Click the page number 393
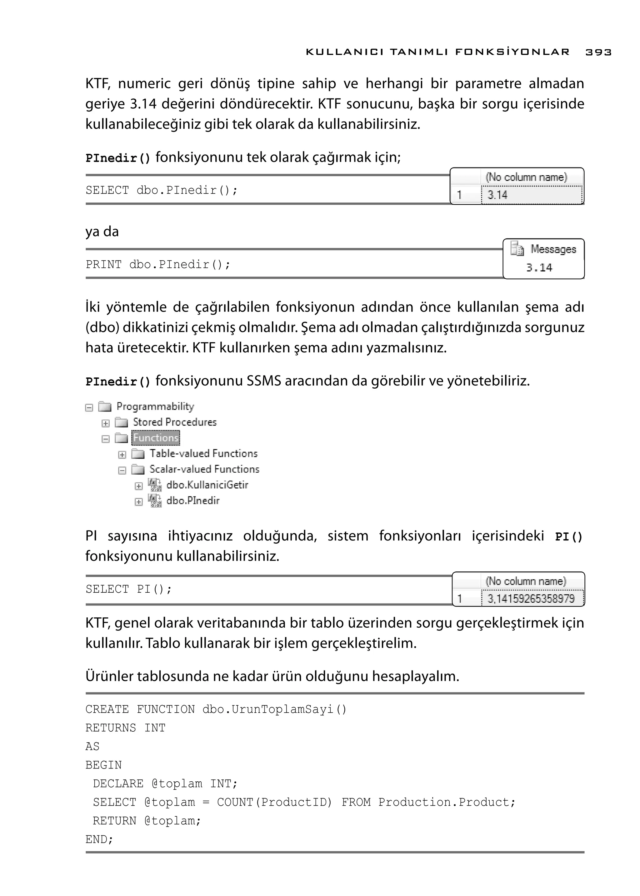[x=598, y=52]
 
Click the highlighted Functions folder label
[x=156, y=438]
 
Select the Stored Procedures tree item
[x=175, y=422]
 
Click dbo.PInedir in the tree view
[x=193, y=500]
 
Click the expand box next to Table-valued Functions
[x=122, y=455]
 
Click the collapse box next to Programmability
[x=89, y=407]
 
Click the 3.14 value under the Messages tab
[x=539, y=268]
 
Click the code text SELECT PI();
[x=128, y=589]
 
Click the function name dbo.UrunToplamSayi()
[x=274, y=709]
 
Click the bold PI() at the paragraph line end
[x=568, y=537]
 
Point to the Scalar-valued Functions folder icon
[x=138, y=469]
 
